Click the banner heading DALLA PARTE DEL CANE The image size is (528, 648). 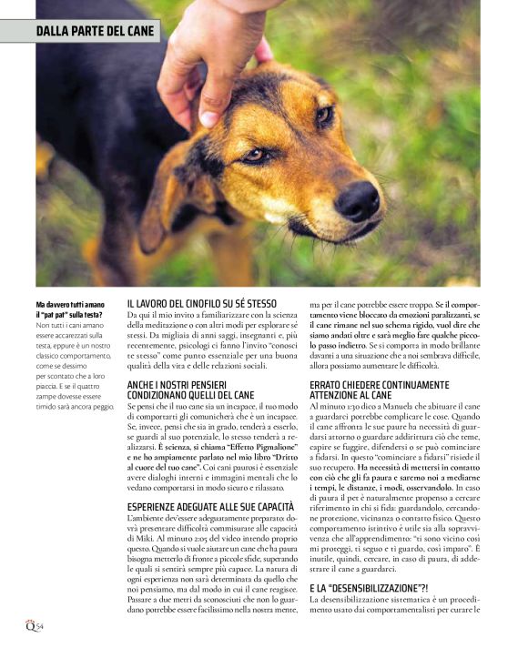(x=96, y=32)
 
